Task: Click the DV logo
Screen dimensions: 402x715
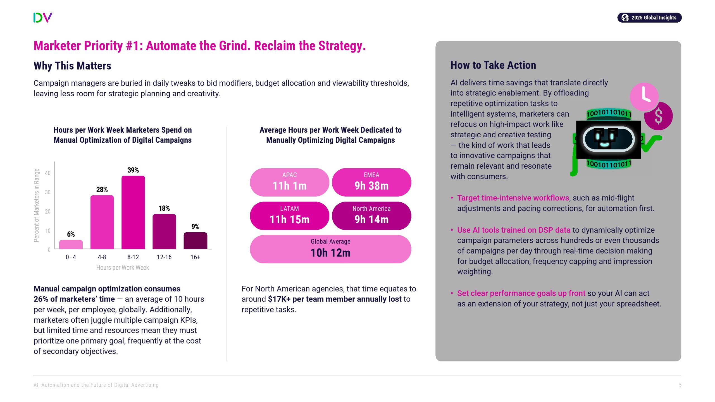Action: coord(42,18)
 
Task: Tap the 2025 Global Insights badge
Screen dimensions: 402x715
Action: coord(649,18)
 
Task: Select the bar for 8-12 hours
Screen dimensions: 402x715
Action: coord(133,212)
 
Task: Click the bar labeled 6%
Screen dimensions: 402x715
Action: coord(71,244)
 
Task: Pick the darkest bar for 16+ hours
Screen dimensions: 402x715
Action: coord(195,240)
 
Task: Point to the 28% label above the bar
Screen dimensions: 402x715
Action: coord(102,190)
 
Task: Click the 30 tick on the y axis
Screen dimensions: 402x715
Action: coord(48,192)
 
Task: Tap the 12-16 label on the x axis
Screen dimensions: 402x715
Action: coord(164,257)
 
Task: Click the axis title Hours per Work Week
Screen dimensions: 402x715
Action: coord(122,268)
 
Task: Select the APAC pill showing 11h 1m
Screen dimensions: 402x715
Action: coord(289,182)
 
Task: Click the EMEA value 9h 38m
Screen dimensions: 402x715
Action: coord(371,186)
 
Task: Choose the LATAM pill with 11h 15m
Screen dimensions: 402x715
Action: coord(289,216)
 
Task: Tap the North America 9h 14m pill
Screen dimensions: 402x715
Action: coord(371,216)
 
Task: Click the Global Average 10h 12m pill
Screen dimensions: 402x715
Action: coord(330,249)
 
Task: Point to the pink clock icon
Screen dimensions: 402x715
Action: coord(644,97)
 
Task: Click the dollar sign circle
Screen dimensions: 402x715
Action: coord(658,116)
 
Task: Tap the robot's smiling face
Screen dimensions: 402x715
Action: coord(608,139)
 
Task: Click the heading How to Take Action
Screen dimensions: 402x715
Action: coord(493,65)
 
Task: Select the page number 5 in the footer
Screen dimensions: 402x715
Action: coord(680,385)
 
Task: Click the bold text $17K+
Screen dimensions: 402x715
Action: coord(279,299)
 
